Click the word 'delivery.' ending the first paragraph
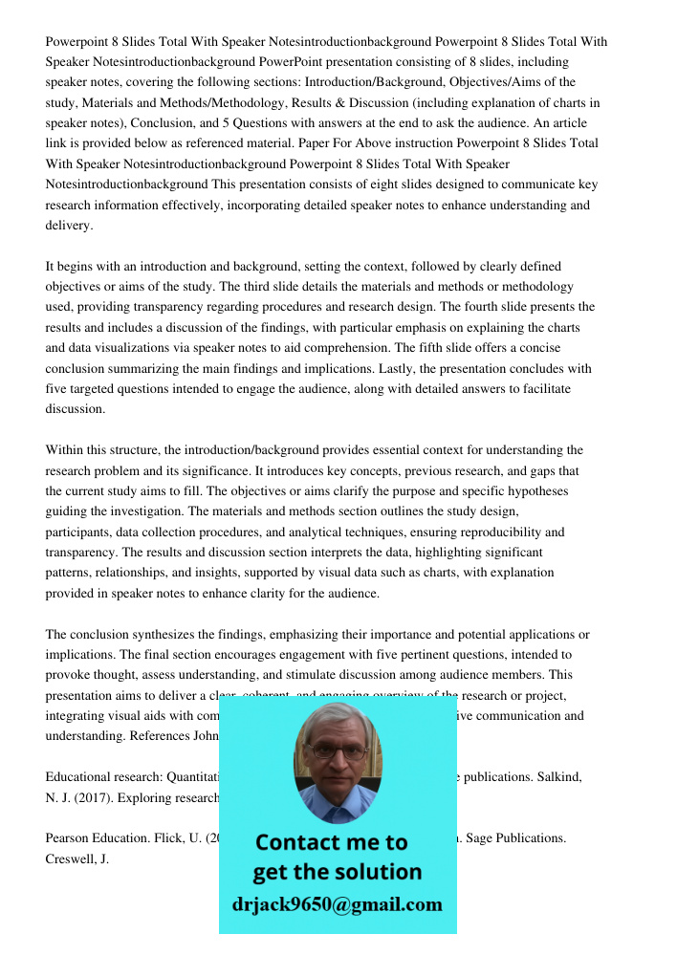(x=69, y=226)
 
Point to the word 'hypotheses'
(x=535, y=491)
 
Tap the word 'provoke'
(x=69, y=676)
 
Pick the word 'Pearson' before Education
(x=69, y=838)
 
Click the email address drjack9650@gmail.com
(x=337, y=904)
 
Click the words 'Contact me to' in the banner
(x=331, y=842)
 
